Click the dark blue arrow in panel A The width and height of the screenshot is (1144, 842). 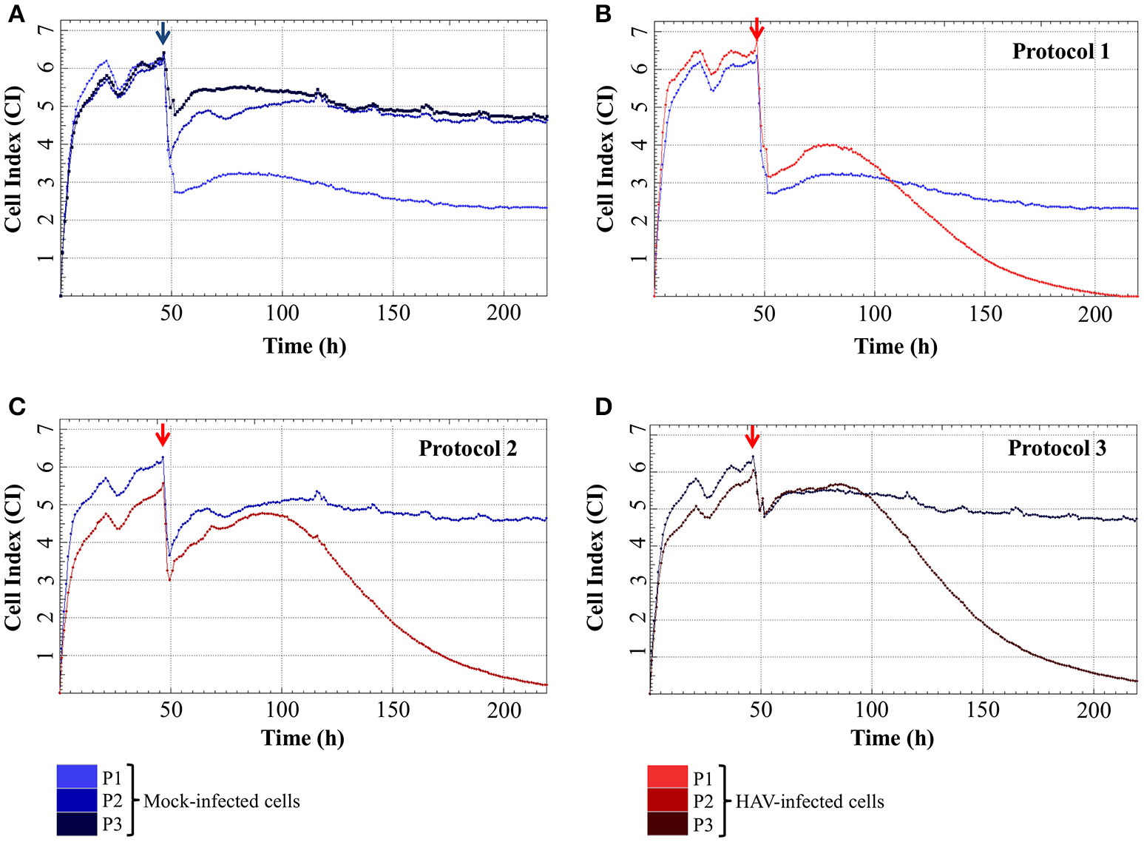(x=163, y=33)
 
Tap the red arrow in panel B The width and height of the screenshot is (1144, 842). (x=756, y=30)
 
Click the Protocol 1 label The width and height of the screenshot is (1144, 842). (x=1060, y=51)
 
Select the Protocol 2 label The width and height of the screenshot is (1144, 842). (x=467, y=448)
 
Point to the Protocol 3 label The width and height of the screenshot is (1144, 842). (x=1057, y=448)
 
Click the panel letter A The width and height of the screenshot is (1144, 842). (x=16, y=14)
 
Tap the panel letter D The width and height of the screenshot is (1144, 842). (x=603, y=406)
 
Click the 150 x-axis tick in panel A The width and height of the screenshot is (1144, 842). (x=393, y=313)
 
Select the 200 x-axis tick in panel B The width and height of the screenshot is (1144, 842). (x=1095, y=314)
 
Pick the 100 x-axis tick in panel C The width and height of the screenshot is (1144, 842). (x=282, y=710)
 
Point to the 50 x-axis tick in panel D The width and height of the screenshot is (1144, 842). (x=760, y=710)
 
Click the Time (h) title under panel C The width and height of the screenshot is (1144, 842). (x=302, y=738)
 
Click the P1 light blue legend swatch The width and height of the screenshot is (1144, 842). (x=77, y=777)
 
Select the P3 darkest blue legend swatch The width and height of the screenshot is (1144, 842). (x=77, y=824)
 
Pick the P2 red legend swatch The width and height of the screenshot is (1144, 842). (x=667, y=801)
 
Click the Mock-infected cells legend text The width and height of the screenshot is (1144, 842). (x=222, y=801)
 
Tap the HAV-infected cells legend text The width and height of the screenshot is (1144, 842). (x=810, y=801)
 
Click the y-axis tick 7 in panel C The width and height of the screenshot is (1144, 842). (x=43, y=429)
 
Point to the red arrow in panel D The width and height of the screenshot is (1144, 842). (x=752, y=437)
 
